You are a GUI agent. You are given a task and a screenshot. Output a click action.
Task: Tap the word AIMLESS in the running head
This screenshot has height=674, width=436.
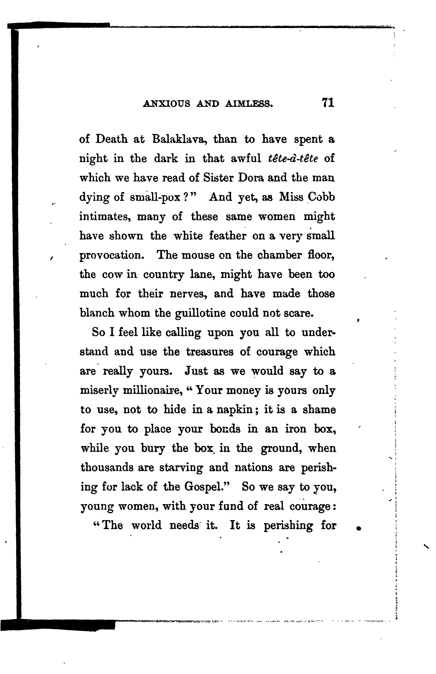coord(249,104)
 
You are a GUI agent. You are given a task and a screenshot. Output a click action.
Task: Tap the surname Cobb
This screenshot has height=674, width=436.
coord(321,197)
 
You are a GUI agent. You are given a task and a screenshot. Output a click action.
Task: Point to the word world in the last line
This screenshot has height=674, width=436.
coord(147,526)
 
